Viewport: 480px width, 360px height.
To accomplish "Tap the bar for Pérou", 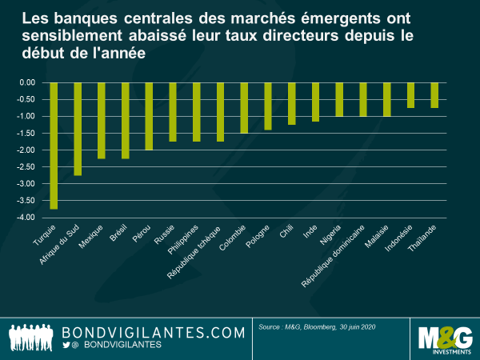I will point(149,116).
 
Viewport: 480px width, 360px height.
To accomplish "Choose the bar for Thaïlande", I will point(434,95).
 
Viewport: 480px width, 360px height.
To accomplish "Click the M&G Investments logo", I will point(442,338).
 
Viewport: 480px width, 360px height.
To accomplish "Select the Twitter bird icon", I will point(66,345).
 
